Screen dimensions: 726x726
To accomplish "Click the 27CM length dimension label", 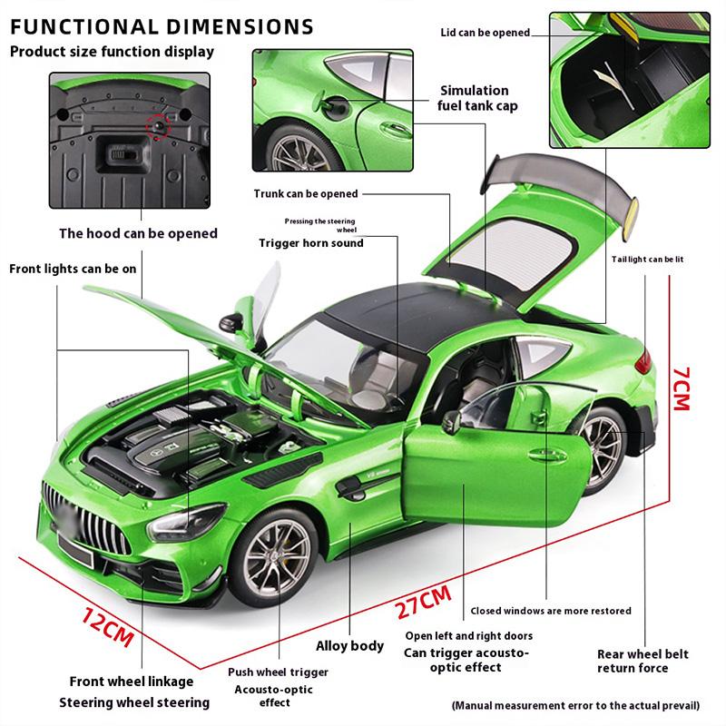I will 423,602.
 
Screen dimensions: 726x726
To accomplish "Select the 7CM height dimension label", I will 680,386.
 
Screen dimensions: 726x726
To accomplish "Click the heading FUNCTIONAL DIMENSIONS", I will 162,25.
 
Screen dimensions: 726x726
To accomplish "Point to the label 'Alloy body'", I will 349,646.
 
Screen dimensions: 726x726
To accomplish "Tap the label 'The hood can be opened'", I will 138,233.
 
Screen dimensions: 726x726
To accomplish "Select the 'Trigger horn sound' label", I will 310,242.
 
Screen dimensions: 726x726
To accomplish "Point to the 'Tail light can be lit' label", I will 646,260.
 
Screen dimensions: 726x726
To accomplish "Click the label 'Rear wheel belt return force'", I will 643,661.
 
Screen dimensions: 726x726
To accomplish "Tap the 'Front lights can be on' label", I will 73,269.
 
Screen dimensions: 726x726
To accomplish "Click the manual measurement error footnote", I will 575,704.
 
